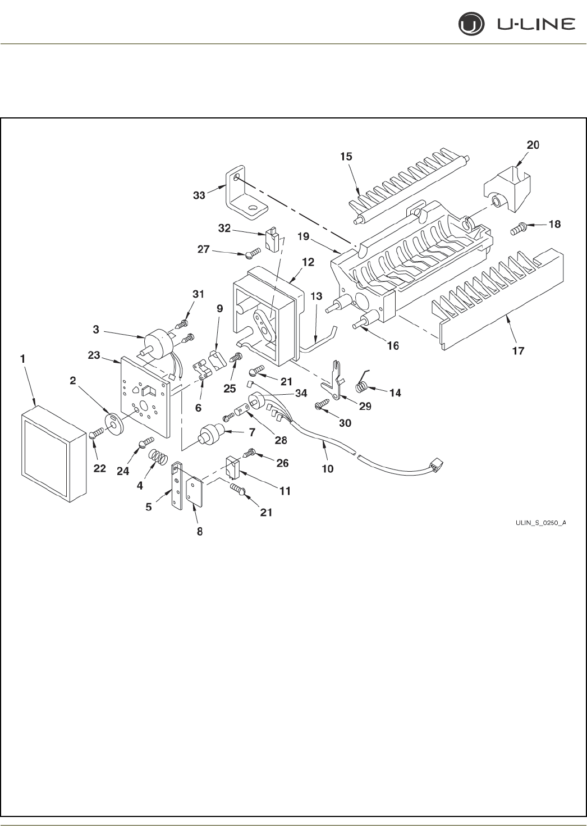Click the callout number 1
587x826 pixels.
(x=23, y=358)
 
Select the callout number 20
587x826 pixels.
(x=533, y=145)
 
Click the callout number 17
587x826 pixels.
(x=517, y=351)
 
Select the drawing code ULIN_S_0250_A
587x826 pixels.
(x=540, y=523)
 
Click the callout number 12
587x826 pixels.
(x=308, y=262)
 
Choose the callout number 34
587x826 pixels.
(x=301, y=393)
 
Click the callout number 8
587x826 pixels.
(x=199, y=531)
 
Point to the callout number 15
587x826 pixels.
(x=347, y=157)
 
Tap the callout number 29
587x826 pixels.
(x=365, y=406)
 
